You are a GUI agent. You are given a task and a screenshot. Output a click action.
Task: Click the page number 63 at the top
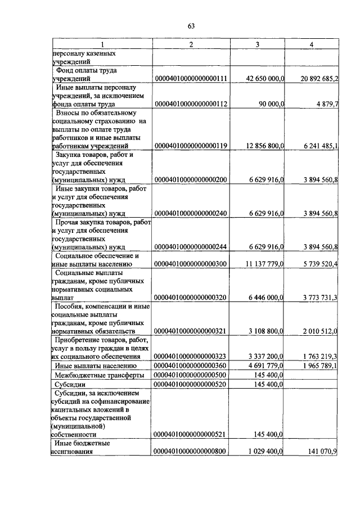tap(191, 26)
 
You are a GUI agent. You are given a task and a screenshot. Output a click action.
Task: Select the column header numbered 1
tap(102, 44)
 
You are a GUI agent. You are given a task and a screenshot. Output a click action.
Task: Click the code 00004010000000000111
tap(191, 79)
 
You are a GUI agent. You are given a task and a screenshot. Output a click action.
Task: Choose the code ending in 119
tap(191, 146)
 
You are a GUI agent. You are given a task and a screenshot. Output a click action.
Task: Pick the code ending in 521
tap(191, 435)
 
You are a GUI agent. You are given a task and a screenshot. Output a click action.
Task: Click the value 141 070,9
tap(320, 451)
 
